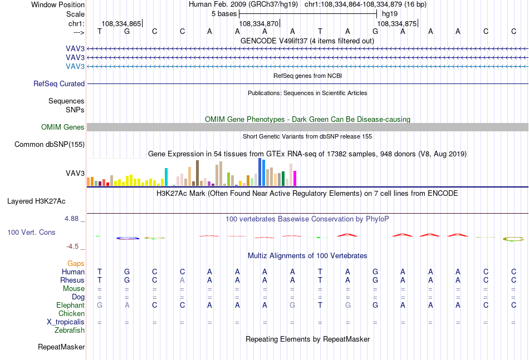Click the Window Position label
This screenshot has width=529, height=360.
point(58,4)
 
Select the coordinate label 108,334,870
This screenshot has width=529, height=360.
point(259,23)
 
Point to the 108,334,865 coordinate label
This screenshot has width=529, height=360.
point(121,23)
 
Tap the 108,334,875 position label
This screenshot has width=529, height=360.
point(396,23)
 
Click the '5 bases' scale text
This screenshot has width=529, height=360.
point(224,14)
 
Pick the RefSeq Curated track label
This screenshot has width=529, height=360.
point(59,83)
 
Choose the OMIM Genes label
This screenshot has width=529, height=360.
point(63,127)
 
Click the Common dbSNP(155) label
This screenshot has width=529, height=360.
point(50,144)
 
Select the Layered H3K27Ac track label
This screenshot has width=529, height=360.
point(36,201)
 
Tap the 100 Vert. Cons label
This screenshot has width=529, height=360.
point(31,232)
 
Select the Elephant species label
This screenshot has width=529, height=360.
point(71,305)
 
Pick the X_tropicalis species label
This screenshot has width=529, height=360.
point(66,322)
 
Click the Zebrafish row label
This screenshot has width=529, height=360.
point(70,331)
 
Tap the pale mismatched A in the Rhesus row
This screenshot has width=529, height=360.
point(182,280)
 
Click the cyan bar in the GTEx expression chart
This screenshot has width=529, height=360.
point(166,177)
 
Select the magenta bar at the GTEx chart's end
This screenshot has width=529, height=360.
point(295,178)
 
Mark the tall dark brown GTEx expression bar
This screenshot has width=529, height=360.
point(197,173)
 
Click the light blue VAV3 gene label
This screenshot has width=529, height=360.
point(75,66)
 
